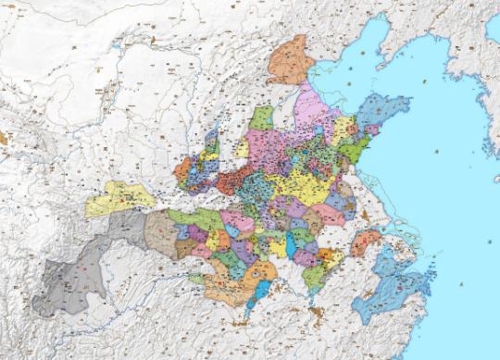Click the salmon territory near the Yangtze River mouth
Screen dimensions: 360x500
pyautogui.click(x=367, y=242)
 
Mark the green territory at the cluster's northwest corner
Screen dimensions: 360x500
pyautogui.click(x=262, y=118)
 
